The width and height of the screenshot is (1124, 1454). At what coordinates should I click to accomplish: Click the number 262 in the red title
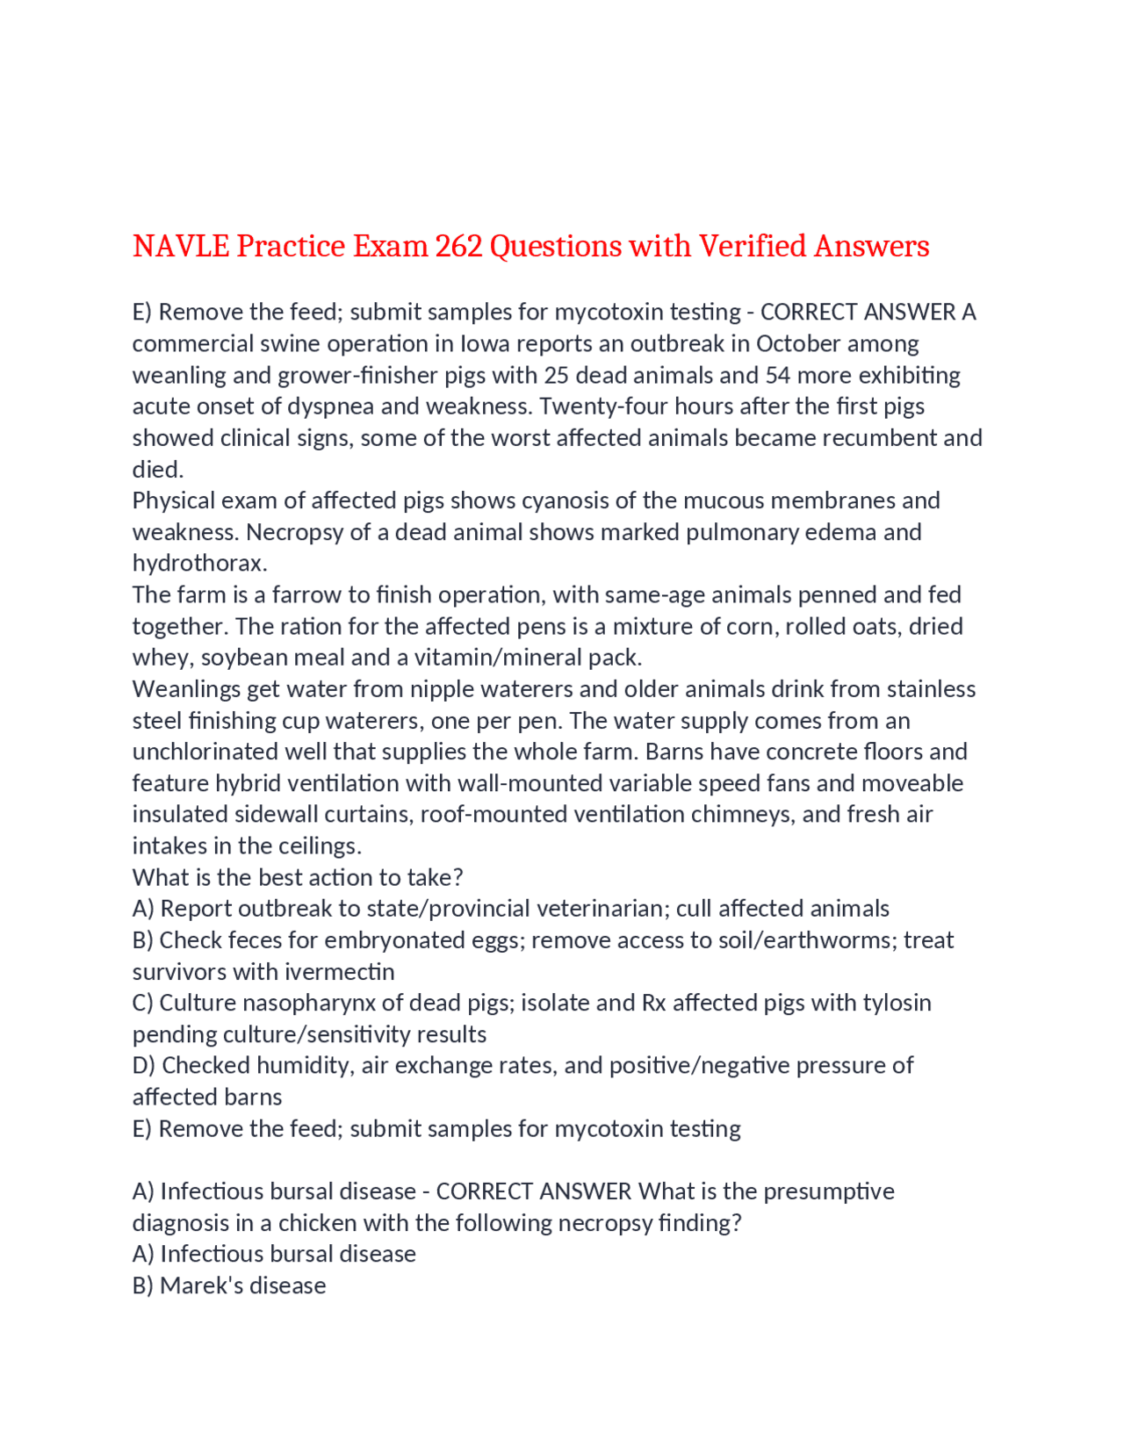[x=458, y=247]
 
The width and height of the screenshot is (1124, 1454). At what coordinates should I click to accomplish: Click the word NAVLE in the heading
[x=181, y=247]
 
